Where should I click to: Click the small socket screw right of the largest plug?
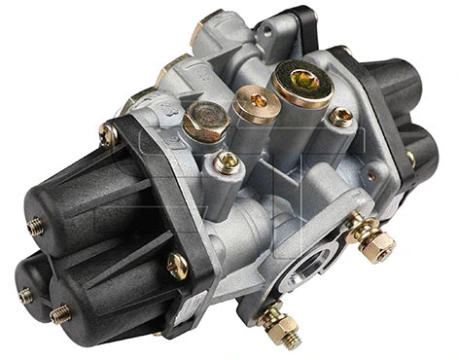click(341, 117)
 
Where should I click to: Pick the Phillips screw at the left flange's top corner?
click(110, 134)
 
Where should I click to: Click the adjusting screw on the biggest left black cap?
click(36, 226)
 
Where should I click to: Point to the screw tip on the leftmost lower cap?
click(25, 295)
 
